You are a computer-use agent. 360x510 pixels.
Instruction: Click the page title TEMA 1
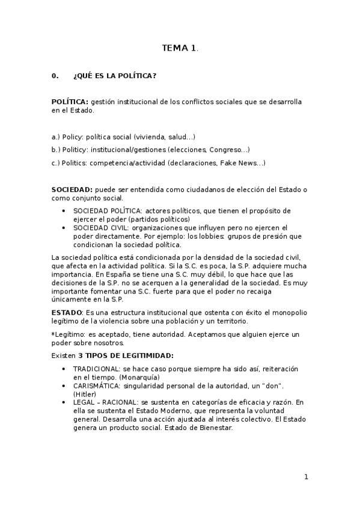(180, 48)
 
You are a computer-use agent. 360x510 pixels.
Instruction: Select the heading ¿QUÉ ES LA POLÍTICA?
(115, 76)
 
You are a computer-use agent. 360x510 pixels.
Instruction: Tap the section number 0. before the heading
(55, 76)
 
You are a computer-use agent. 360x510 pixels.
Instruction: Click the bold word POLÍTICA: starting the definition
(70, 102)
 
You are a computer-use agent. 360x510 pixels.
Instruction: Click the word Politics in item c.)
(75, 162)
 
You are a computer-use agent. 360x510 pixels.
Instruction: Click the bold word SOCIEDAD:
(72, 189)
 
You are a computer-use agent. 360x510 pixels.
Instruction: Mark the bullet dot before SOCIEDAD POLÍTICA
(65, 211)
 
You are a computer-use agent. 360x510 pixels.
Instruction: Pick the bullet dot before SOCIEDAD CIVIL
(65, 228)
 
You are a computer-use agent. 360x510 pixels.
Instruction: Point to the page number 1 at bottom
(306, 477)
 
